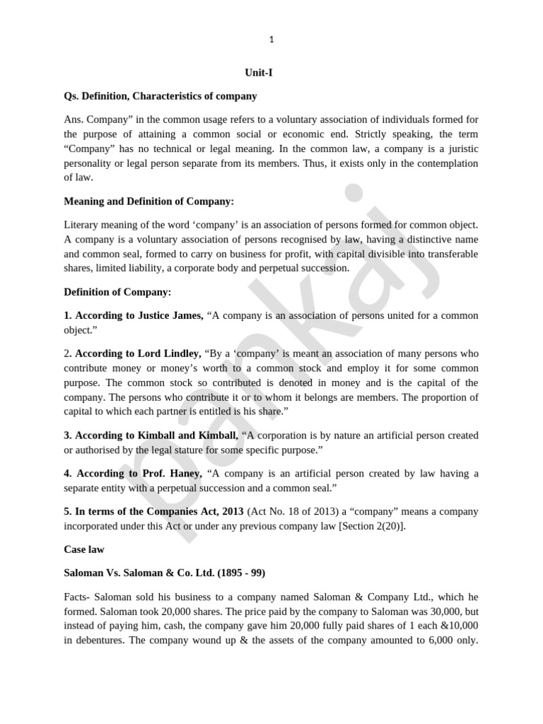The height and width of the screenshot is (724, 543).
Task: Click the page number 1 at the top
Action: pos(271,40)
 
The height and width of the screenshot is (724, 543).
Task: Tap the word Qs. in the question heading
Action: pos(72,95)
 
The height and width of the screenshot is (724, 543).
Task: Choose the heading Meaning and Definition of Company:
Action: pos(148,202)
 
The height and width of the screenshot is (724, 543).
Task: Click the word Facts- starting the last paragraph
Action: pos(78,596)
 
